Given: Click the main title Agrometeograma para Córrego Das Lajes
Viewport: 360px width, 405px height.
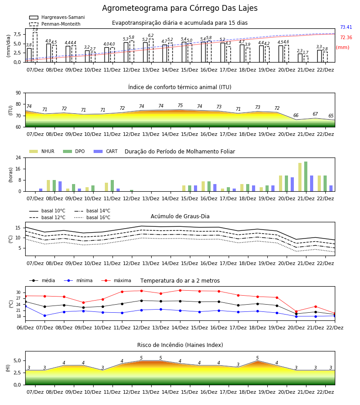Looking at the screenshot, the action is coord(180,8).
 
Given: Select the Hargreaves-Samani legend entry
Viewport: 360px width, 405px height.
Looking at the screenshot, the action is coord(57,17).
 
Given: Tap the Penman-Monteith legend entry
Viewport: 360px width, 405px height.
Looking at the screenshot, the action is coord(55,24).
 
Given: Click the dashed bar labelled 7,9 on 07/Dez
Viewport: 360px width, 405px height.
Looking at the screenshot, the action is coord(35,47).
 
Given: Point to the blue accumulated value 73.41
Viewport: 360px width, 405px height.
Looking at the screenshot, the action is coord(346,27).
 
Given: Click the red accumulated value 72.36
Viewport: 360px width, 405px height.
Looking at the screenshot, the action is coord(346,37).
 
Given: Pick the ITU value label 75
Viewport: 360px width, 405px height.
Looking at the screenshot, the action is coord(180,105).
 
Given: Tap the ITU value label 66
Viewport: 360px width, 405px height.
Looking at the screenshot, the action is coord(296,115).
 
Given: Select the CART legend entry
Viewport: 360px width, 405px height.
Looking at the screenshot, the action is coord(106,151).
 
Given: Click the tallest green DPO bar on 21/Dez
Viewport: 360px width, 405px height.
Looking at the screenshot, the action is coord(306,176).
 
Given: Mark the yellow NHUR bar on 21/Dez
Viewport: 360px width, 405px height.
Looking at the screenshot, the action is coord(300,177).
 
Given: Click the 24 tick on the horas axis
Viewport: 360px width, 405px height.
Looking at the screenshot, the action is coord(18,157).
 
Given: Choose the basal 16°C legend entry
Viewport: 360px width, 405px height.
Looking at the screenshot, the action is coord(92,217).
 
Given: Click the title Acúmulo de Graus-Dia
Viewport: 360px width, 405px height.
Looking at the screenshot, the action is coord(180,216).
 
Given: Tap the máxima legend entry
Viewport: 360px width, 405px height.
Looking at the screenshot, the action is coord(116,280).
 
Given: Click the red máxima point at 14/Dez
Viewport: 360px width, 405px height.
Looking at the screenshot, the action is coord(180,290).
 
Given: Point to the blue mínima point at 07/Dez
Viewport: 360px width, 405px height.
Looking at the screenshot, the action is coord(45,315).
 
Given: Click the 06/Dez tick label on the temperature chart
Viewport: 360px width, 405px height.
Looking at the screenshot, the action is coord(25,328).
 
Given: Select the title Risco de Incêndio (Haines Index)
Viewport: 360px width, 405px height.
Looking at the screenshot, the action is coord(180,345).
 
